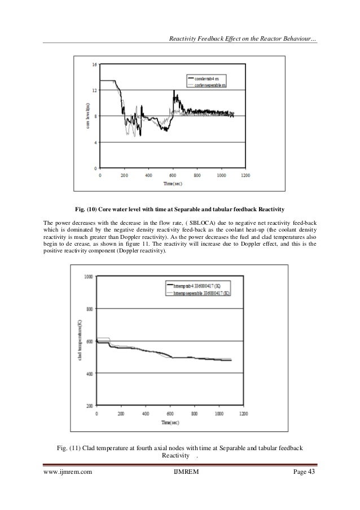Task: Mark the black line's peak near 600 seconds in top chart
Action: click(x=174, y=91)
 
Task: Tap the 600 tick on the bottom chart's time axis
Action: click(x=169, y=413)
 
